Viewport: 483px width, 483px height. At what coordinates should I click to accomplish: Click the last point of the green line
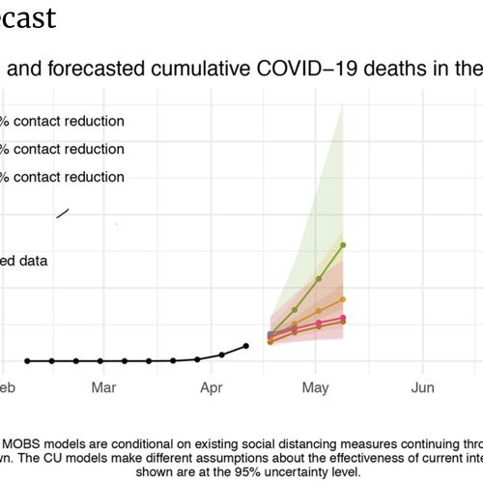pos(344,245)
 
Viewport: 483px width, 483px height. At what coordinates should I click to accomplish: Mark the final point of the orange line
pos(344,299)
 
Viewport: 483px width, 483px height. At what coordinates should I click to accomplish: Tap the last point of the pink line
pos(344,320)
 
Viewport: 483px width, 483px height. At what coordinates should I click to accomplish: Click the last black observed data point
pos(245,346)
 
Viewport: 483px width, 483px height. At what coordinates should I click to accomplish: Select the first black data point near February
pos(27,360)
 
